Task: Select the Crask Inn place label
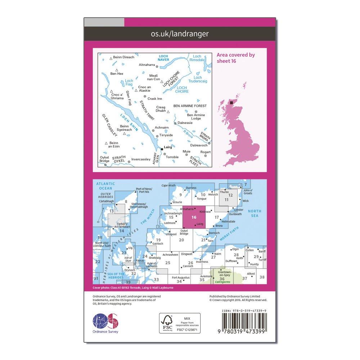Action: [x=155, y=98]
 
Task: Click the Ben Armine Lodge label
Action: [x=196, y=117]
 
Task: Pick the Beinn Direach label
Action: [x=123, y=57]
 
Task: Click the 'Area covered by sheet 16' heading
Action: [x=236, y=58]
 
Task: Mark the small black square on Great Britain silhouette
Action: [x=231, y=103]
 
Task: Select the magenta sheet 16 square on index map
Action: [x=194, y=217]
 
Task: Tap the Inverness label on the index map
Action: [x=202, y=262]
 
